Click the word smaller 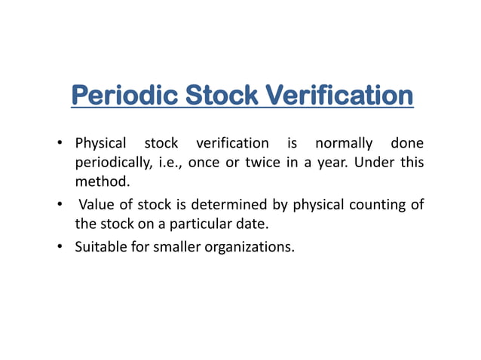point(174,246)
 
